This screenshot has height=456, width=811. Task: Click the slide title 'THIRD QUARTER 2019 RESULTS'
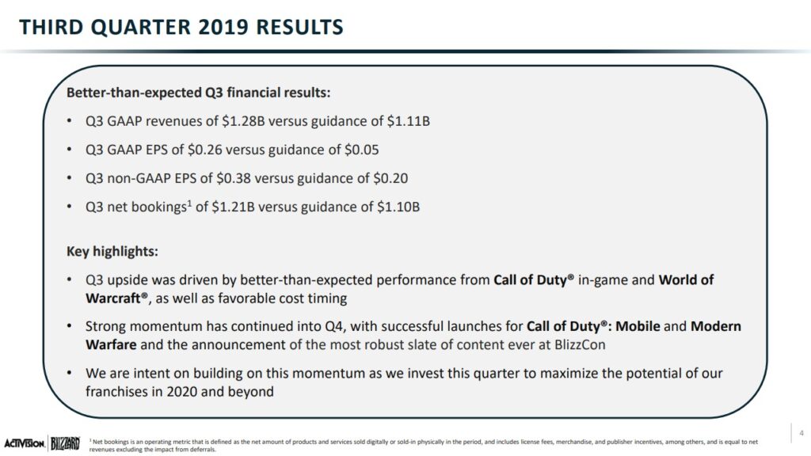click(x=181, y=27)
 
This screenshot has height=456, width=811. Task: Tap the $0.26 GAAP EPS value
click(x=204, y=150)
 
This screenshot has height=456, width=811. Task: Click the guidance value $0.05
click(x=361, y=150)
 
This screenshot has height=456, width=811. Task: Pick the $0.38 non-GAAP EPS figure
click(x=234, y=178)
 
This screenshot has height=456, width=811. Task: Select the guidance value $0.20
click(x=390, y=178)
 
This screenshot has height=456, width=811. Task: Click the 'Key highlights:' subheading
click(x=112, y=252)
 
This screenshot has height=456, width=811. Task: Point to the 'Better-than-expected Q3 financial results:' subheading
click(x=198, y=93)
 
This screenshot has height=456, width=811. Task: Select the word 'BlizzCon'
click(x=579, y=345)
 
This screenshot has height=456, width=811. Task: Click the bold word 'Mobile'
click(x=638, y=327)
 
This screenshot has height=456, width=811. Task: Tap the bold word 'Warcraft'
click(x=113, y=298)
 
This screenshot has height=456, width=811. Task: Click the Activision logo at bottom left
click(x=25, y=443)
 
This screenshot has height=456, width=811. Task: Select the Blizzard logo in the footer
click(x=65, y=443)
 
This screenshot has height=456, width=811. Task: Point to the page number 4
click(x=801, y=433)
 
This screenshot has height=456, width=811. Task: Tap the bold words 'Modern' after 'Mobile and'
click(x=716, y=327)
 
